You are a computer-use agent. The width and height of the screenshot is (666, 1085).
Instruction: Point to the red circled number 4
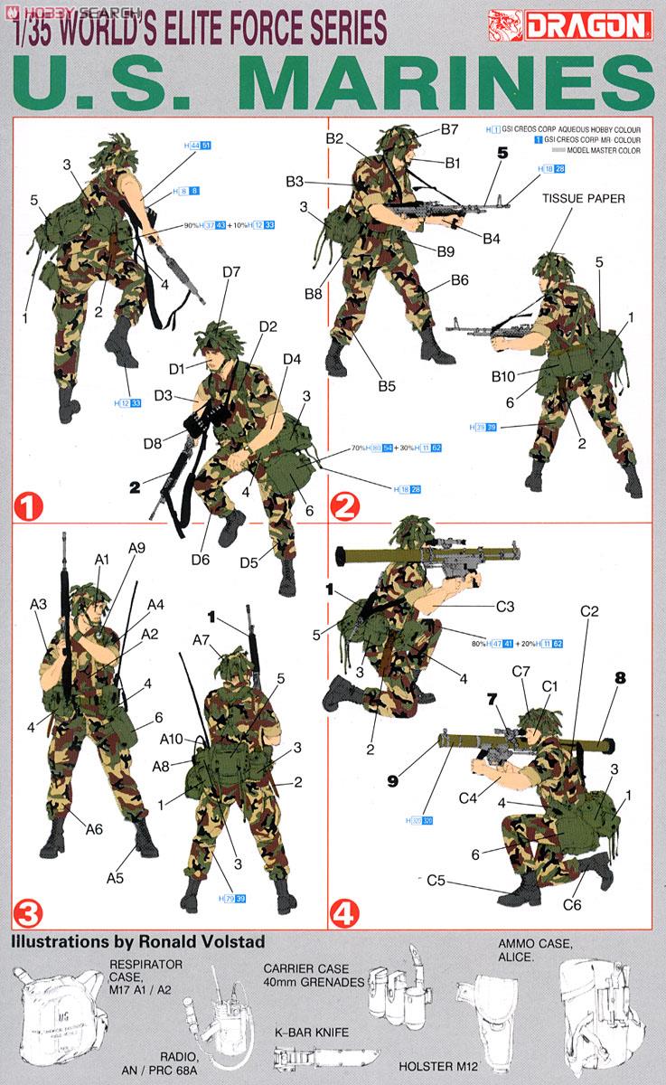(342, 911)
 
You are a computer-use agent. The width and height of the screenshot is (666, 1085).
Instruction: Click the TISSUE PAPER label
(583, 199)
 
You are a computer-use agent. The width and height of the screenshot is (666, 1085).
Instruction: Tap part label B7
(450, 130)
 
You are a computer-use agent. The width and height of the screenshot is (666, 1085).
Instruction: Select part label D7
(230, 272)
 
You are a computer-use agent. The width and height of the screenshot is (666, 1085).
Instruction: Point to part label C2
(589, 612)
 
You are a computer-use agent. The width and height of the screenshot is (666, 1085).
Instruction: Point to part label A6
(95, 828)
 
